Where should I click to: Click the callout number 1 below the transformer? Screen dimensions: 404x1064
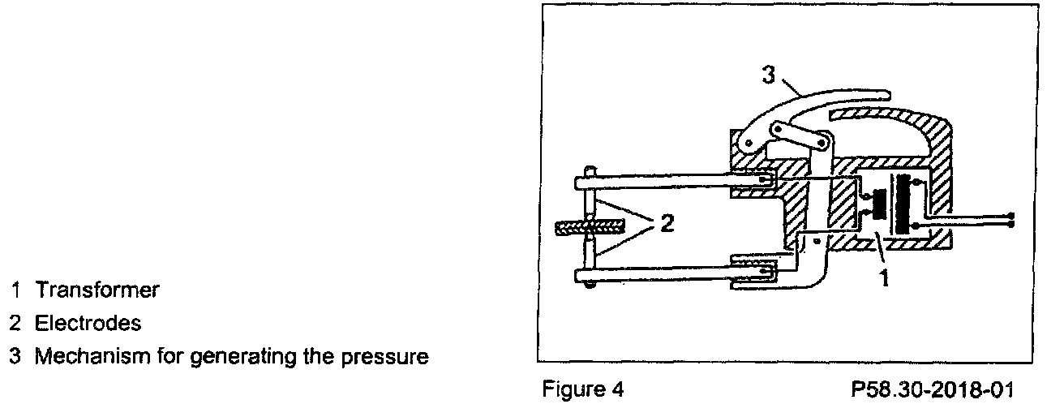coord(885,281)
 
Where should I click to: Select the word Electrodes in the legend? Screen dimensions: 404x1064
coord(88,323)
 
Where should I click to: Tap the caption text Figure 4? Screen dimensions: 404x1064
coord(584,390)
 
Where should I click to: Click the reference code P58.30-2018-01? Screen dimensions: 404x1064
coord(932,390)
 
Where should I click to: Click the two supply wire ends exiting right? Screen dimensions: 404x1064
coord(1010,219)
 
